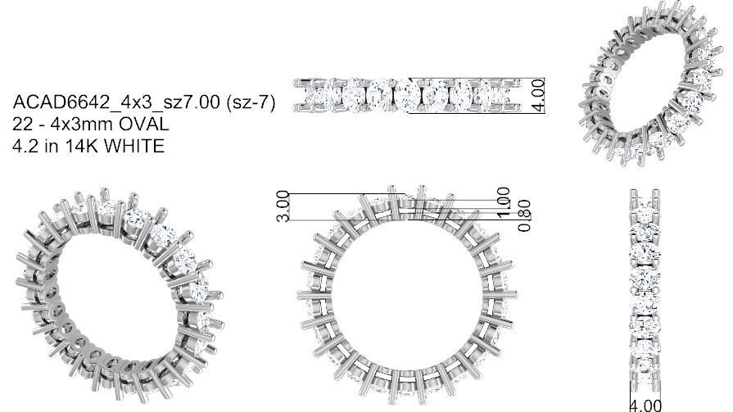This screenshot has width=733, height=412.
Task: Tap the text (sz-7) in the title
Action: click(x=251, y=102)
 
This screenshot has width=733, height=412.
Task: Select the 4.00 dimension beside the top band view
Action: click(x=539, y=95)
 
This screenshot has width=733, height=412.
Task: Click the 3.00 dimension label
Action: click(x=283, y=206)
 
